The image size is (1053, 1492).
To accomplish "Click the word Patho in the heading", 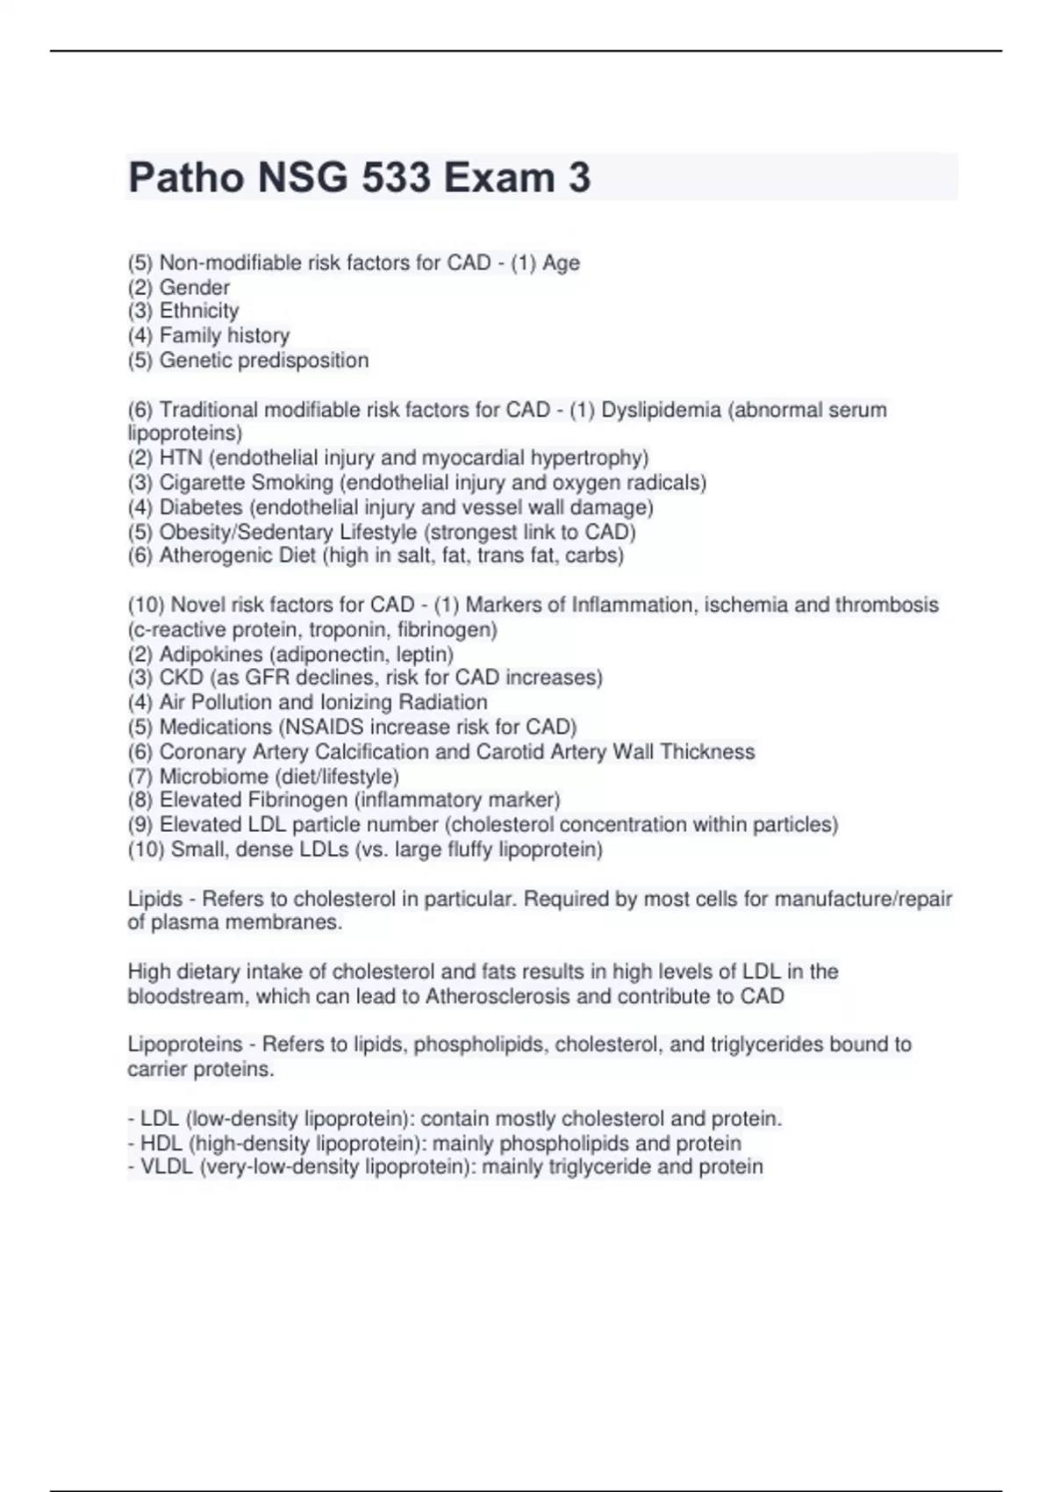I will coord(185,178).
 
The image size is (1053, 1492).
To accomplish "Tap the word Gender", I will coord(194,287).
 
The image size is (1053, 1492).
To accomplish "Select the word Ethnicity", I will coord(198,311).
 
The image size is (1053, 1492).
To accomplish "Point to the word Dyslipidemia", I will coord(661,410).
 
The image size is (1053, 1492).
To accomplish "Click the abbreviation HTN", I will coord(181,458).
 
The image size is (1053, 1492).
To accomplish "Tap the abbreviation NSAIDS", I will coord(410,727).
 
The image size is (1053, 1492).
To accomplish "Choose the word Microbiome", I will coord(213,777).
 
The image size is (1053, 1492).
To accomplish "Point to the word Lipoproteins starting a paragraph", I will coord(184,1044).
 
